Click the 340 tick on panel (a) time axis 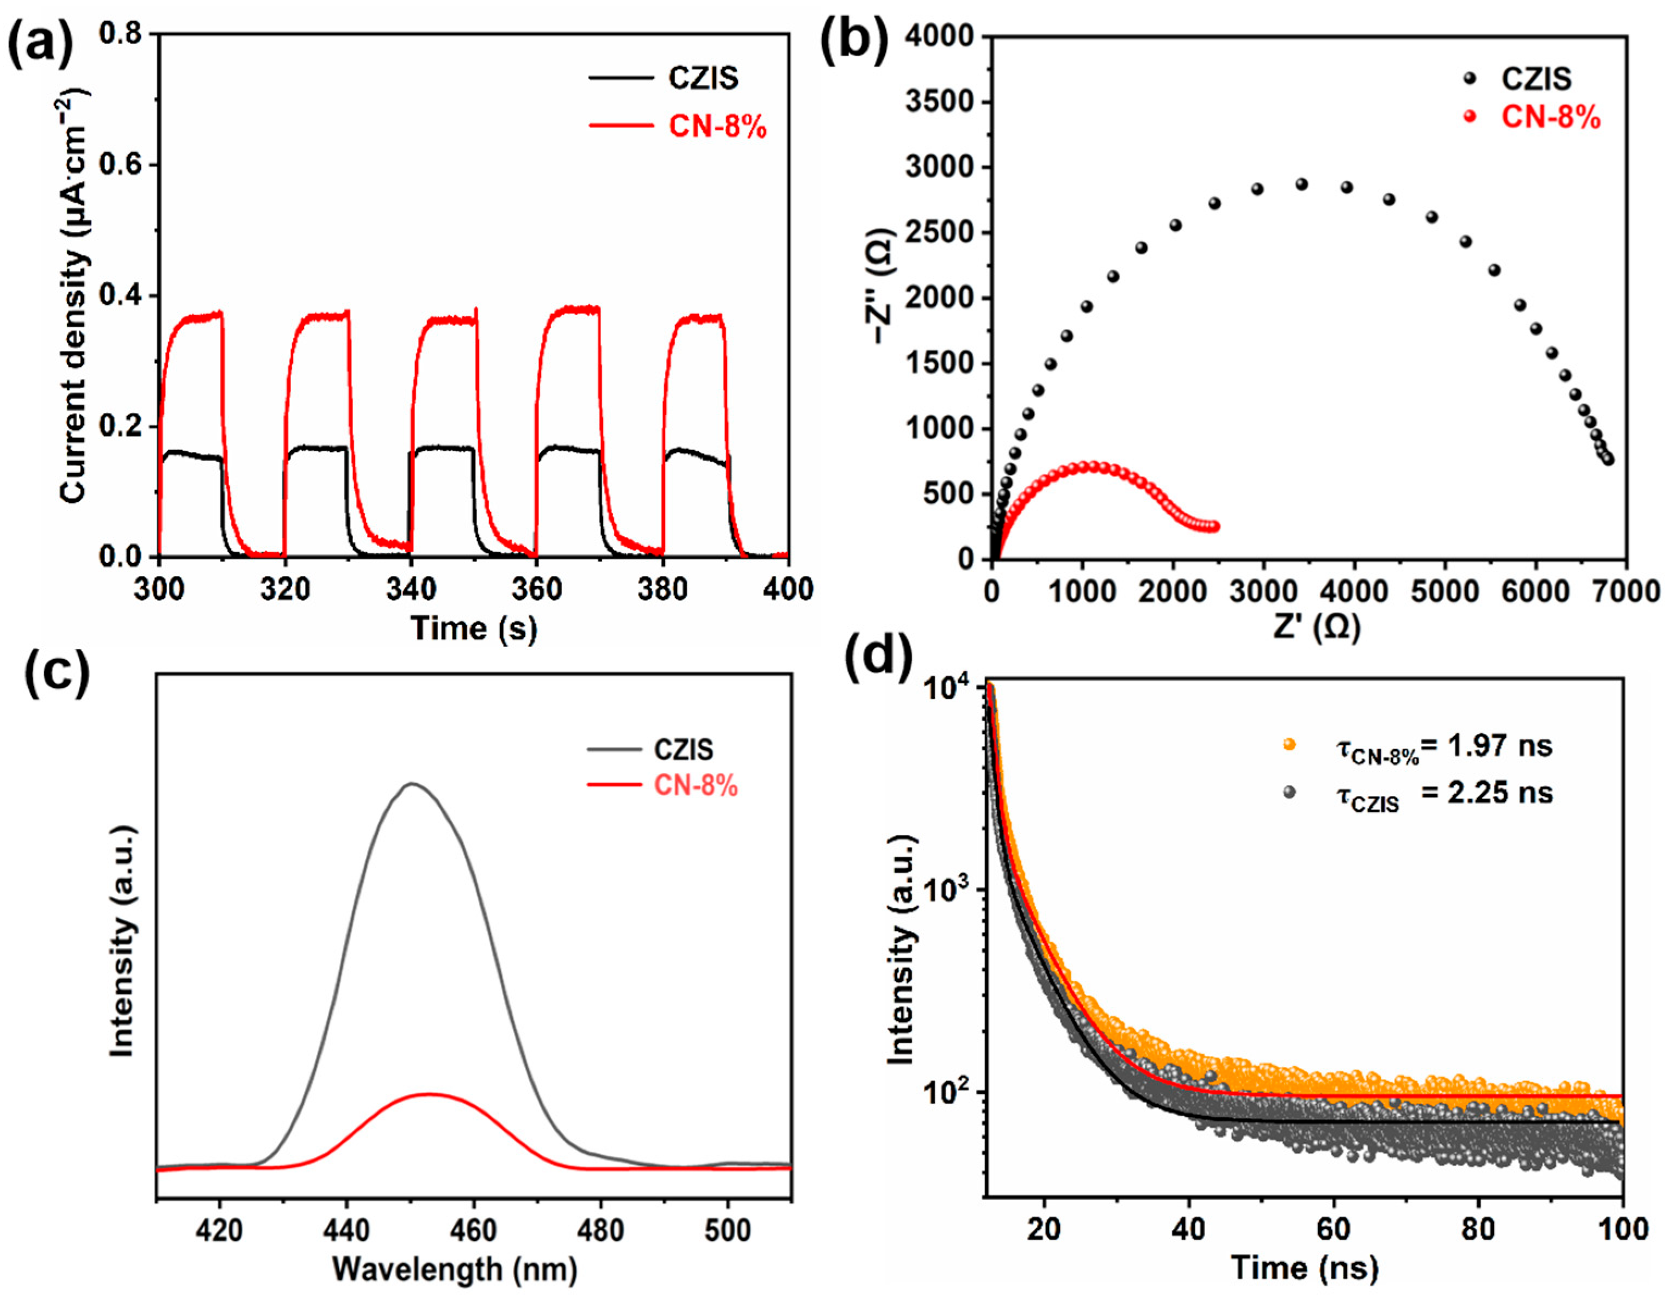(x=411, y=589)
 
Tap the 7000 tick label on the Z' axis (x=1627, y=591)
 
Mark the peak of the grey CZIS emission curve (x=412, y=784)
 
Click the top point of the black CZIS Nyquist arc (x=1301, y=184)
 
